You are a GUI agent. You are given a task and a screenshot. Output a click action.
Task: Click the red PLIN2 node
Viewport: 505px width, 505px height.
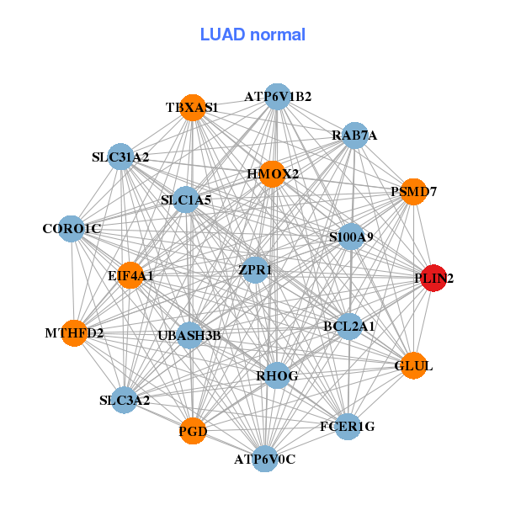point(433,278)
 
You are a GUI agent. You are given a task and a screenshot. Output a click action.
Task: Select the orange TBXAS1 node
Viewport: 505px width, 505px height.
point(193,107)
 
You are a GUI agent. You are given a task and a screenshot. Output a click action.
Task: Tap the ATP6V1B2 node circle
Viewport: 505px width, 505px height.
point(278,96)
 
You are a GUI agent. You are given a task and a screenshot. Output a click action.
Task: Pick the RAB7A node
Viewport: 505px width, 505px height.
point(354,135)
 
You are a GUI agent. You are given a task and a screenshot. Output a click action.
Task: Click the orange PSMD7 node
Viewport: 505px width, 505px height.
point(413,192)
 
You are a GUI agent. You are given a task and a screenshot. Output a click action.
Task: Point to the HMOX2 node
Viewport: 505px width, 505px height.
point(273,174)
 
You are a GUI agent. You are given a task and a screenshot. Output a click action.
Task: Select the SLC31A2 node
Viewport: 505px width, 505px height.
point(121,157)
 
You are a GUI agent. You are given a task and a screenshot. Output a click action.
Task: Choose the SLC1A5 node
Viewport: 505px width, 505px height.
point(186,200)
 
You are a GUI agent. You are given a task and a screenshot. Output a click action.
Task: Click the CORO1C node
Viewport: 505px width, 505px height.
point(72,228)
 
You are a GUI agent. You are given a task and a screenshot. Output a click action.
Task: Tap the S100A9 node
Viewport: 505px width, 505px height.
point(352,237)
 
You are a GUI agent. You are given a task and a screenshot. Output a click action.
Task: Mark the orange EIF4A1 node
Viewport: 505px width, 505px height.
point(130,274)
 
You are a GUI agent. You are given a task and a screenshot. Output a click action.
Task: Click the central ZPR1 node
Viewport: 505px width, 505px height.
point(255,270)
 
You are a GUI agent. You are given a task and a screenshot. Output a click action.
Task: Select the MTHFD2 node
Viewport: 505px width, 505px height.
point(74,333)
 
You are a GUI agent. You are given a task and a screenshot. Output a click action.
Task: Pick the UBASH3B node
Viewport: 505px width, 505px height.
point(189,336)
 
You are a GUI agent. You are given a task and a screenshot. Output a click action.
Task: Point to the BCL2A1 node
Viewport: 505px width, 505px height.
point(349,326)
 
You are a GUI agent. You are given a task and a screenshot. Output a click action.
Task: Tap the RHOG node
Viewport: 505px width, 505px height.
point(278,375)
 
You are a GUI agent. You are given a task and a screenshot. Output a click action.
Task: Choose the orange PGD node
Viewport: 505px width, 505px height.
point(193,432)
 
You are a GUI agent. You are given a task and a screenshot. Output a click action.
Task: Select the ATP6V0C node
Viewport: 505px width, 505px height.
point(265,459)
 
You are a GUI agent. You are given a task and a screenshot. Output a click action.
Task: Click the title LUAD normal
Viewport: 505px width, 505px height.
point(252,35)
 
